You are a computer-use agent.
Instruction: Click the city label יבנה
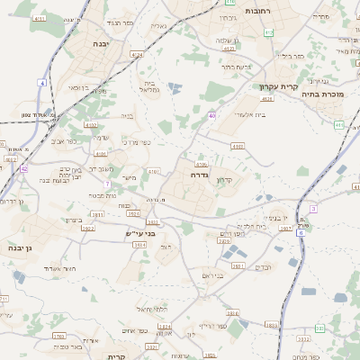(100, 42)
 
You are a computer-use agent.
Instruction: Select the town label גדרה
(200, 164)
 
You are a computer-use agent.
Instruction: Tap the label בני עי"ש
(140, 234)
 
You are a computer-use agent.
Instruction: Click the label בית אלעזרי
(248, 114)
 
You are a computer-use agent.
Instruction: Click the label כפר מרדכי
(143, 142)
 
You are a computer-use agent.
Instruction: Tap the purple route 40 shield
(211, 115)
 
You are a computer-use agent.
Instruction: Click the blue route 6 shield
(301, 231)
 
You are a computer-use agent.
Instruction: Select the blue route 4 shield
(41, 83)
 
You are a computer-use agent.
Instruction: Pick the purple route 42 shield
(23, 168)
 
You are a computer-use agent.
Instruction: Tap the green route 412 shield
(269, 32)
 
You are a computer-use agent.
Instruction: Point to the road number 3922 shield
(87, 229)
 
